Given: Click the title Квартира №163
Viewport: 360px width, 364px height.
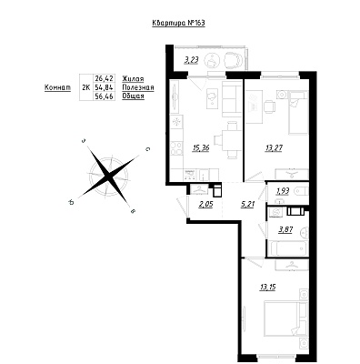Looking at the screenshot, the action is tap(178, 23).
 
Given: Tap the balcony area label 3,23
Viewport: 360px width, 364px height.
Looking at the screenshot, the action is tap(191, 60).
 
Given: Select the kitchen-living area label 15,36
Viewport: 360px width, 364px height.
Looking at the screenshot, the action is tap(201, 148).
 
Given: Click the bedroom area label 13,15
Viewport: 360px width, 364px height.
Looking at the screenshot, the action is tap(267, 287).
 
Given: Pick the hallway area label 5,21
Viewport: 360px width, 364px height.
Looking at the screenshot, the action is tap(247, 205).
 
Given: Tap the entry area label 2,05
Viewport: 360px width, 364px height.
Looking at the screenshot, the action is tap(205, 205).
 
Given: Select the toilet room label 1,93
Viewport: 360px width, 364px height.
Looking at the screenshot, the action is tap(282, 191).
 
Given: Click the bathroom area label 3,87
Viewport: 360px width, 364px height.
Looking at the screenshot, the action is tap(285, 229).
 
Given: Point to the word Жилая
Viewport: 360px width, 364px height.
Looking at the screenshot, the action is tap(133, 79).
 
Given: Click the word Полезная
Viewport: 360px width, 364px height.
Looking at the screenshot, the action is tap(138, 87).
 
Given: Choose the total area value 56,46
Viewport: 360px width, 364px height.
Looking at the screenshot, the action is tap(104, 96).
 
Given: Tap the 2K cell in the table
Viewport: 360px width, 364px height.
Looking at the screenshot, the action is tap(86, 87).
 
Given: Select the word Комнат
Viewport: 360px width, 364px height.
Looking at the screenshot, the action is tap(57, 87).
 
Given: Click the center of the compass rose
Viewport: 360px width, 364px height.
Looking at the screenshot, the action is tap(108, 176).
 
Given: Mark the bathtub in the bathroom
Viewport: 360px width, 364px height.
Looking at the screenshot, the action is tap(288, 248).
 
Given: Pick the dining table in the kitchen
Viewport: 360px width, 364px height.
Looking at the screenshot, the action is tap(232, 140).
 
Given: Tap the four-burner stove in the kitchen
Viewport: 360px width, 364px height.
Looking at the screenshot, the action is tap(176, 148).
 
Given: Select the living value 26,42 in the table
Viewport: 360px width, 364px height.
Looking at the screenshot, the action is tap(104, 79).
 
